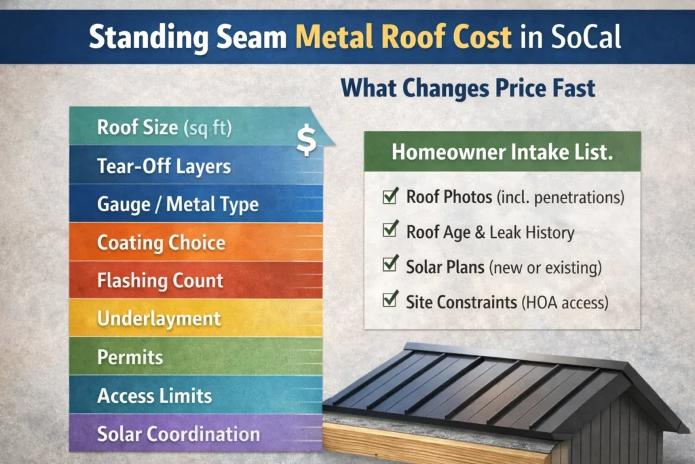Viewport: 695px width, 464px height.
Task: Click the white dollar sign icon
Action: [x=305, y=140]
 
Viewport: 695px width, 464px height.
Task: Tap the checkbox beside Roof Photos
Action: [x=390, y=197]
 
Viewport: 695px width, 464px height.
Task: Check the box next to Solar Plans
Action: [x=390, y=266]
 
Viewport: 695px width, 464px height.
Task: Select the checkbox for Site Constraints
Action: [x=390, y=300]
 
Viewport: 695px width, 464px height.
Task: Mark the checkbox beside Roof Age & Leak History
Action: [x=390, y=231]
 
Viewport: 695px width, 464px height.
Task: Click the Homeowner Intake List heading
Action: [x=502, y=152]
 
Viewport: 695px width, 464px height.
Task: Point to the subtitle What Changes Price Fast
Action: [x=468, y=88]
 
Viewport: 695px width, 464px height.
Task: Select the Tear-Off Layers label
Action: [x=164, y=166]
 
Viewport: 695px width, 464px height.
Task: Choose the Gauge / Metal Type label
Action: [x=177, y=204]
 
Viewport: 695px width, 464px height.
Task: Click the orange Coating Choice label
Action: [x=161, y=243]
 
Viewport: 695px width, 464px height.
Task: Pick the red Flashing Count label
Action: [x=160, y=280]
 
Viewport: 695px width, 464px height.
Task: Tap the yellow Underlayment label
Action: [x=159, y=318]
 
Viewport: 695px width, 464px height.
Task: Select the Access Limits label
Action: [x=155, y=395]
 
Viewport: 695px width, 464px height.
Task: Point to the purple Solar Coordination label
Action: [x=178, y=433]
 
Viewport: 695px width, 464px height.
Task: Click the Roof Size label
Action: [x=165, y=128]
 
